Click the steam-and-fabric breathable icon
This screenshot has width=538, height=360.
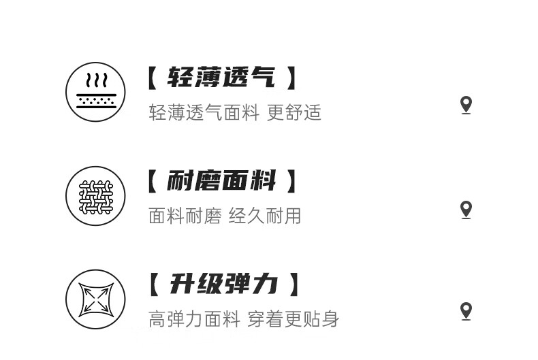click(96, 92)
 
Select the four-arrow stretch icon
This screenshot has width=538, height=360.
click(96, 299)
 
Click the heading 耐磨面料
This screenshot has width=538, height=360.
click(221, 182)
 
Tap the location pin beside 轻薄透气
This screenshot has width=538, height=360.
click(466, 105)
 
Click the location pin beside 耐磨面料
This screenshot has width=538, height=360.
click(466, 210)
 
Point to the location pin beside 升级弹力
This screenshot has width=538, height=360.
click(466, 312)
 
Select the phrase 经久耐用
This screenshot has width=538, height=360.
click(265, 216)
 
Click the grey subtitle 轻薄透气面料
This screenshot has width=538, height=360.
click(204, 112)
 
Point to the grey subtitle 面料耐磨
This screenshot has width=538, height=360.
click(185, 216)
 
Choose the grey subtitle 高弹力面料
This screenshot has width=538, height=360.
click(195, 318)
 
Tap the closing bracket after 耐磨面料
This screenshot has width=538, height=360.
click(291, 182)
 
